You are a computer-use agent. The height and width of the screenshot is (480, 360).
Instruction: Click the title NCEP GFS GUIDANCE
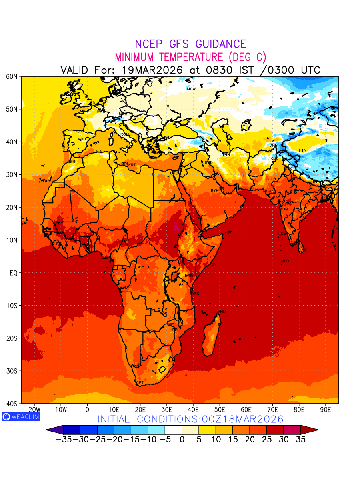pyautogui.click(x=190, y=44)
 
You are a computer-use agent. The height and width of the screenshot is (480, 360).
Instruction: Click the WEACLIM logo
pyautogui.click(x=21, y=417)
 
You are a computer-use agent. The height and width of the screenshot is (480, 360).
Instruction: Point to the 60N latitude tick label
pyautogui.click(x=12, y=76)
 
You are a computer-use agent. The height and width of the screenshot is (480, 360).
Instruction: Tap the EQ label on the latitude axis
pyautogui.click(x=14, y=273)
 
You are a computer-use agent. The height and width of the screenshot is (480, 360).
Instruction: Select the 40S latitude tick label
pyautogui.click(x=12, y=404)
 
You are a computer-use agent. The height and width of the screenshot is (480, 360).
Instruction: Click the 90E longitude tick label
pyautogui.click(x=326, y=410)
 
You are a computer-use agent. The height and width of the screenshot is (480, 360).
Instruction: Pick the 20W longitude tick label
pyautogui.click(x=35, y=410)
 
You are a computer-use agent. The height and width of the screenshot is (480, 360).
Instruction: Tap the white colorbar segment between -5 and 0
pyautogui.click(x=173, y=430)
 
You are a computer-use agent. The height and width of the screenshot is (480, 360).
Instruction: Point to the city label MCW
pyautogui.click(x=191, y=89)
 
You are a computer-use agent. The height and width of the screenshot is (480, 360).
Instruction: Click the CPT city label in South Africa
pyautogui.click(x=140, y=383)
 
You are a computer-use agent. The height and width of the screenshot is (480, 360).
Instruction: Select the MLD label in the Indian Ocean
pyautogui.click(x=285, y=261)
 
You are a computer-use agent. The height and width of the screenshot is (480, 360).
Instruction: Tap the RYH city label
pyautogui.click(x=215, y=191)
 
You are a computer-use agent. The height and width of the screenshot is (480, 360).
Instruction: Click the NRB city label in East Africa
pyautogui.click(x=189, y=276)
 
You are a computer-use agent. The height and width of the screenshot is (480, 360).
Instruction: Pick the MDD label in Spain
pyautogui.click(x=82, y=139)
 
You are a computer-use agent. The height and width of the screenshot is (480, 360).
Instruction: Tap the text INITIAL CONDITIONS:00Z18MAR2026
pyautogui.click(x=190, y=419)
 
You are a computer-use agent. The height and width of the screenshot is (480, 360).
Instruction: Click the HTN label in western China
pyautogui.click(x=302, y=150)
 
